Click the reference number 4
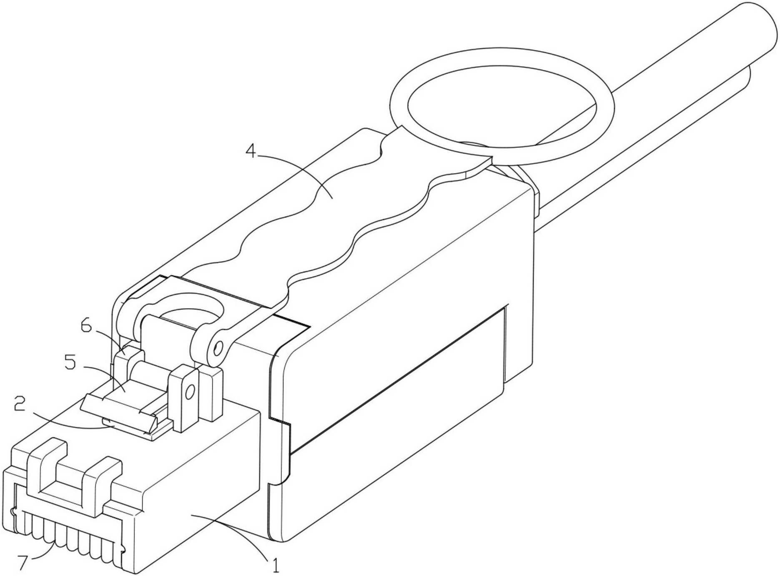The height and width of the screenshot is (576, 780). tap(250, 151)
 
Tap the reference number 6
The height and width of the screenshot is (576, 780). tap(86, 326)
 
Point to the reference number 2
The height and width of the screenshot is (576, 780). tap(20, 404)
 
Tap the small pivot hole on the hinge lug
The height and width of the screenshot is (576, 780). tap(217, 348)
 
